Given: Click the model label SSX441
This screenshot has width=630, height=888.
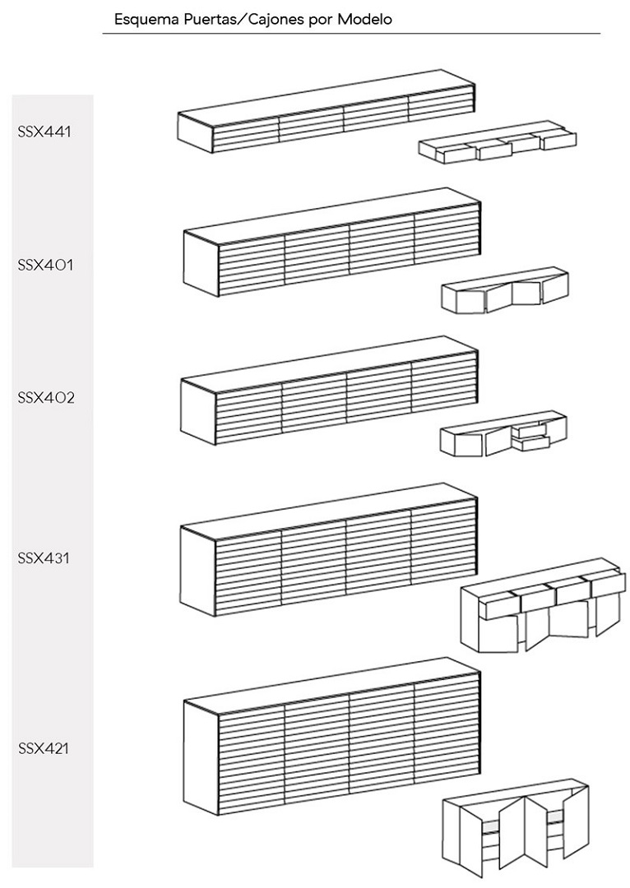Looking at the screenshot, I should [x=45, y=131].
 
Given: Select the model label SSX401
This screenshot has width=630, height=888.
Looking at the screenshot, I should [x=45, y=266].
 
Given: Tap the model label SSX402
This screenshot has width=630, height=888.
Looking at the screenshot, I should [x=46, y=398].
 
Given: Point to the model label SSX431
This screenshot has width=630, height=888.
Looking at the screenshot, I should [x=45, y=558].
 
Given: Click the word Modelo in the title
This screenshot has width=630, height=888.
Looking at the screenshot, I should [x=364, y=19].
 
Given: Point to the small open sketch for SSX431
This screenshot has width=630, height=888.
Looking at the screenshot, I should [x=543, y=609].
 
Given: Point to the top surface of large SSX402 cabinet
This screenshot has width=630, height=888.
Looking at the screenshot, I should [x=329, y=358].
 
